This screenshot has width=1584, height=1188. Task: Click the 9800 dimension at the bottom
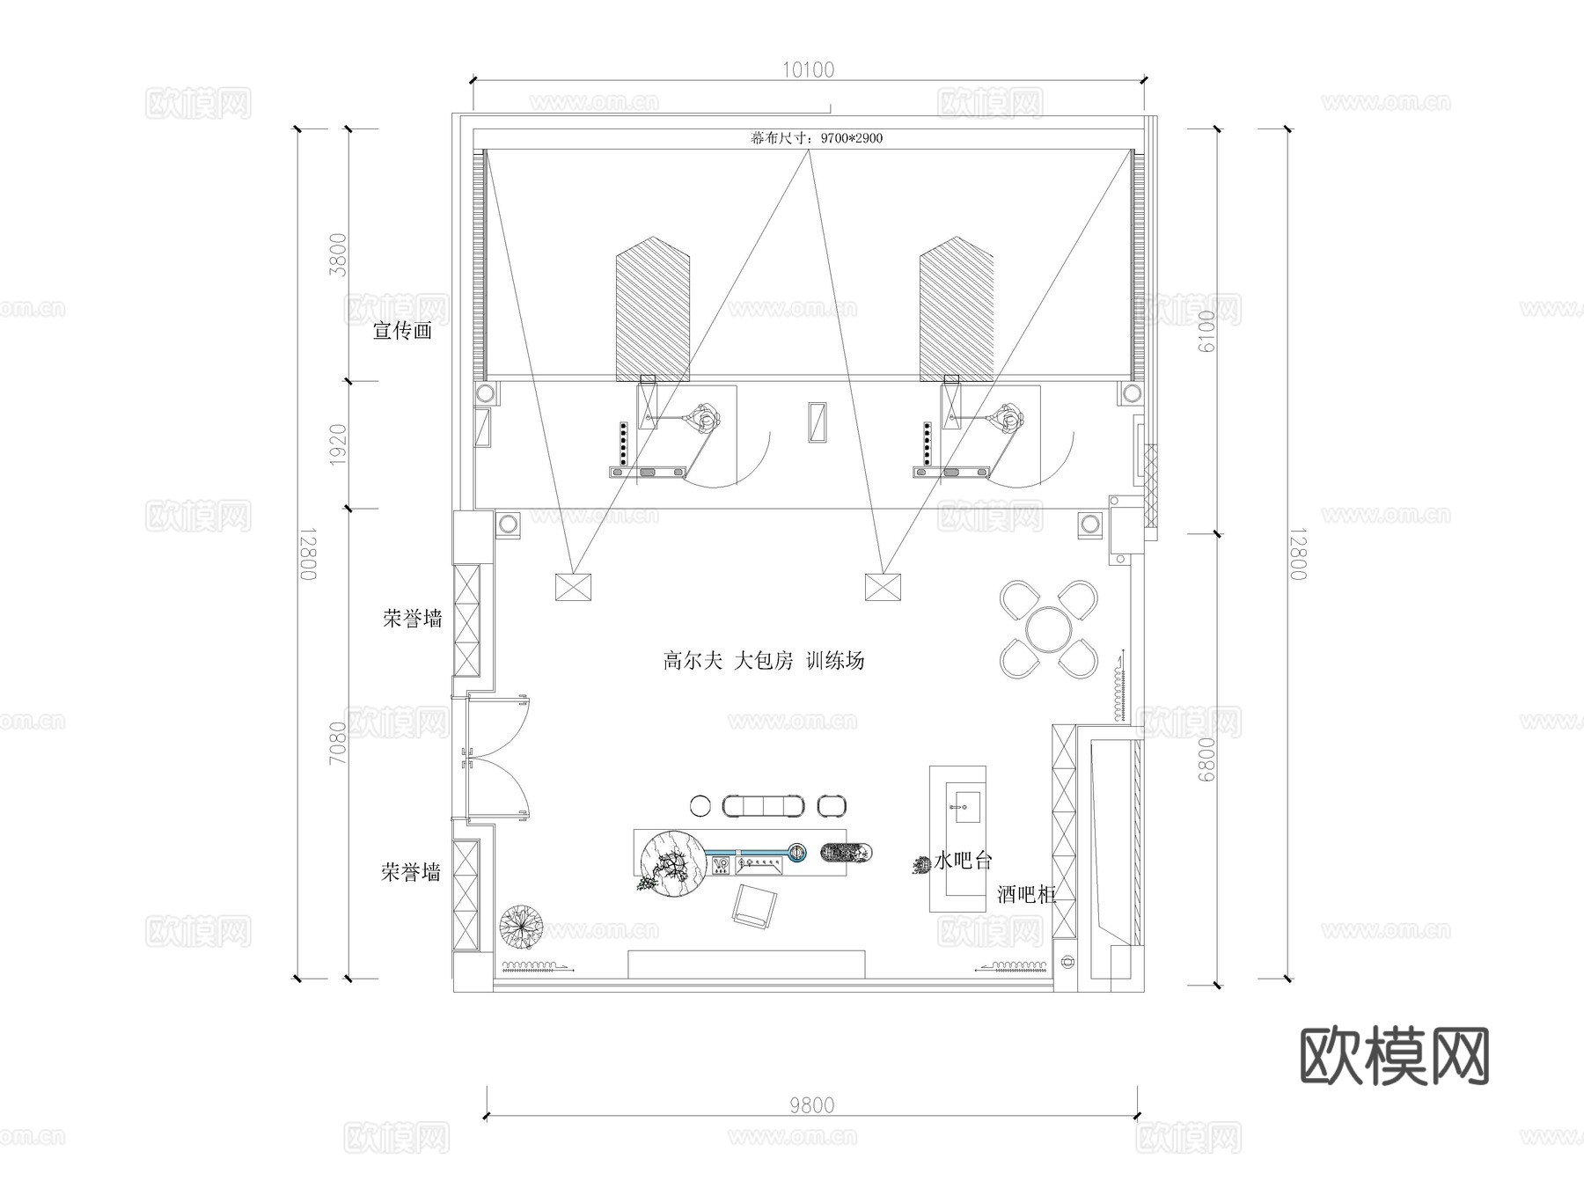click(811, 1105)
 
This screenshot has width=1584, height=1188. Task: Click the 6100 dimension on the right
click(1205, 332)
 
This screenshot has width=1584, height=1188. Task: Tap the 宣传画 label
click(403, 332)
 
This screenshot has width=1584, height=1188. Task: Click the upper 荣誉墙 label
click(412, 619)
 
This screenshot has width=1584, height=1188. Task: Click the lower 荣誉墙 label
click(411, 872)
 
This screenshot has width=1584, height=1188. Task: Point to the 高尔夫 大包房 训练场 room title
click(763, 660)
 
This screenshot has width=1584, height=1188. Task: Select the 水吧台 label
click(963, 861)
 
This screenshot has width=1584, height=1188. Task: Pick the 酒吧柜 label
click(1026, 895)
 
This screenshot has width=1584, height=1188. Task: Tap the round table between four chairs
click(1049, 628)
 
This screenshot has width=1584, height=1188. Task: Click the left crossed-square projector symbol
click(574, 587)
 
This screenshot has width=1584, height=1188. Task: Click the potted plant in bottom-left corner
click(521, 927)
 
